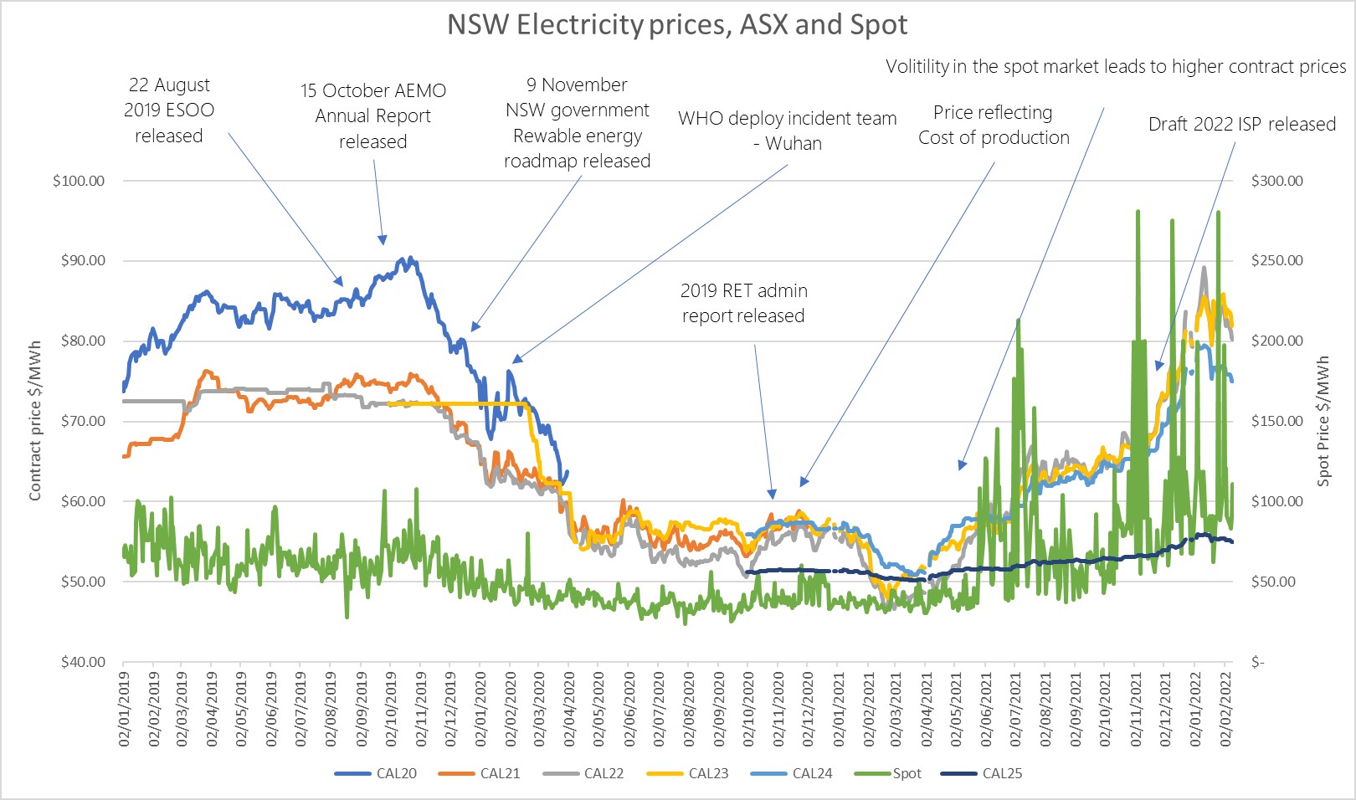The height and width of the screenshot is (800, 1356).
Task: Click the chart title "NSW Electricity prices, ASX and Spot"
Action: (x=676, y=25)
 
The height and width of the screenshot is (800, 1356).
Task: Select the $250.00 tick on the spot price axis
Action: (x=1276, y=260)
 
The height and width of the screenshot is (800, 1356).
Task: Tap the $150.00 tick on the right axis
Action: (x=1276, y=421)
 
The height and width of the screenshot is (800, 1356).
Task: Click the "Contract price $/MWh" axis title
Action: (x=35, y=421)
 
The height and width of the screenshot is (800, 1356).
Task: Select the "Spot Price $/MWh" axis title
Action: (x=1323, y=421)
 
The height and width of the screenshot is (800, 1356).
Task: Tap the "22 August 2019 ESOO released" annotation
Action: (x=169, y=110)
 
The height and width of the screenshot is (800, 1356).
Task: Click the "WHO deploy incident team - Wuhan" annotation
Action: (x=787, y=131)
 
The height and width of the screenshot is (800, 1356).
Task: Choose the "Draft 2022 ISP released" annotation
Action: (x=1241, y=125)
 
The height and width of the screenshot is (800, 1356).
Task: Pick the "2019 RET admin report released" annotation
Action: (x=743, y=303)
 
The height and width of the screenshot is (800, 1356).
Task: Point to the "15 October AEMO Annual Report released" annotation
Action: (x=372, y=115)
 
